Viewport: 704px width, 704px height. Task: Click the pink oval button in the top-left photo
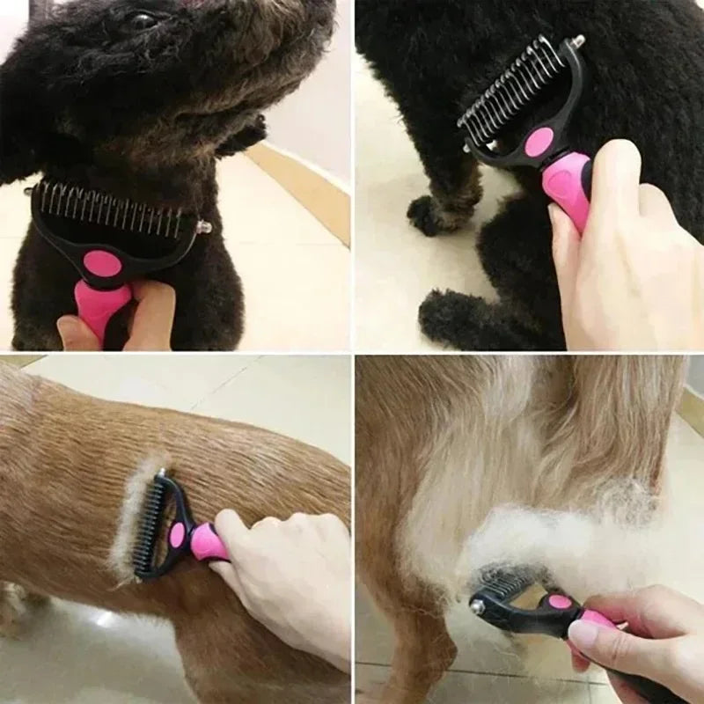pyautogui.click(x=105, y=262)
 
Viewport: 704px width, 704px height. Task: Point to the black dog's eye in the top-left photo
pyautogui.click(x=141, y=19)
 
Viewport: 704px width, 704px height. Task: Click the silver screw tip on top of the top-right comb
pyautogui.click(x=577, y=40)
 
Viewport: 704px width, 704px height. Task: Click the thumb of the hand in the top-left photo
pyautogui.click(x=79, y=330)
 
